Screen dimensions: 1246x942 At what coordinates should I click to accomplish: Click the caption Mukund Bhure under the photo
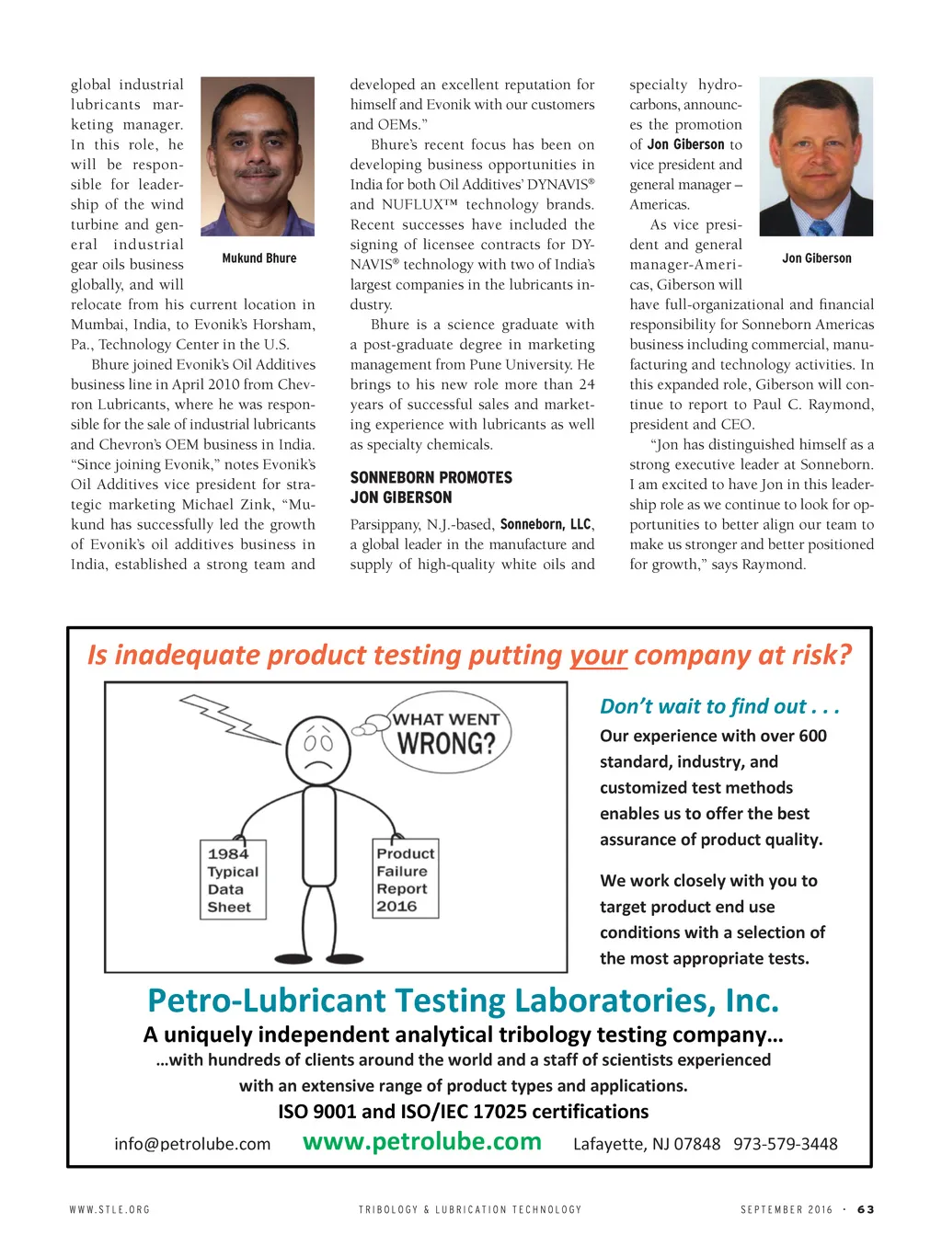tap(259, 258)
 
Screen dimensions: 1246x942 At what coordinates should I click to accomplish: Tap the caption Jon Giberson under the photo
tap(816, 258)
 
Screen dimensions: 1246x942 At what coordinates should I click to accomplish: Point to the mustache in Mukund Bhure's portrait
tap(258, 172)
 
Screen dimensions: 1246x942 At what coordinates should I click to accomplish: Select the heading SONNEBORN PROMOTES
tap(431, 477)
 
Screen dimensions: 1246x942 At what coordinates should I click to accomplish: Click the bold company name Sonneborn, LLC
tap(545, 524)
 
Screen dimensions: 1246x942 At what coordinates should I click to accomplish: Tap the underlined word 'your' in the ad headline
tap(598, 655)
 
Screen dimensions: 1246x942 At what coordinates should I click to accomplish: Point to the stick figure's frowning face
tap(318, 749)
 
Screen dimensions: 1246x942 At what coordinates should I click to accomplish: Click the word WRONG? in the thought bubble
tap(446, 743)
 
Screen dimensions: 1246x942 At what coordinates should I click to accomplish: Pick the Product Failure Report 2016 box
tap(405, 878)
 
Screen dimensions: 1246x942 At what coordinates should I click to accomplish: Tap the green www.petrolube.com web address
tap(422, 1141)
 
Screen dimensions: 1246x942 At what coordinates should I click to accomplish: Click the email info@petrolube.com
tap(192, 1144)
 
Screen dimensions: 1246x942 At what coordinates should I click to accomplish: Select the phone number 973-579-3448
tap(785, 1144)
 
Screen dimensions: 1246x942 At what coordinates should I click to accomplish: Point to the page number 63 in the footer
tap(865, 1209)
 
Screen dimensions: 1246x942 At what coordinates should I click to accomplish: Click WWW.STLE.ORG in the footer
tap(109, 1209)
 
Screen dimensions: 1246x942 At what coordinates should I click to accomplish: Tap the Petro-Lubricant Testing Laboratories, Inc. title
tap(463, 1000)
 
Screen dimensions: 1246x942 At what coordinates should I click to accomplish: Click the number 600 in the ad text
tap(812, 736)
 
